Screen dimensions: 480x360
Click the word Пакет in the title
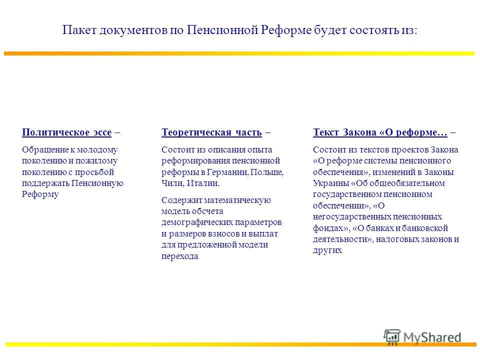click(79, 30)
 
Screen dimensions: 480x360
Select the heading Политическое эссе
click(66, 132)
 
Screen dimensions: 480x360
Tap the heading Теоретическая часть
click(211, 132)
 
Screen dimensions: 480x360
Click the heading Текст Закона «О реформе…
click(380, 132)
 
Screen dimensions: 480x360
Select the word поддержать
click(45, 183)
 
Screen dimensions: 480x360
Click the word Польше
click(267, 172)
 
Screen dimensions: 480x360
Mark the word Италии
click(203, 183)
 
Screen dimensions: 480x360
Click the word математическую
click(237, 200)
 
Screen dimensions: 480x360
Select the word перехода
click(179, 256)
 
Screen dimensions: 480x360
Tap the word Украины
click(330, 183)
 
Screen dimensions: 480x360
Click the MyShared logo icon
click(392, 337)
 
